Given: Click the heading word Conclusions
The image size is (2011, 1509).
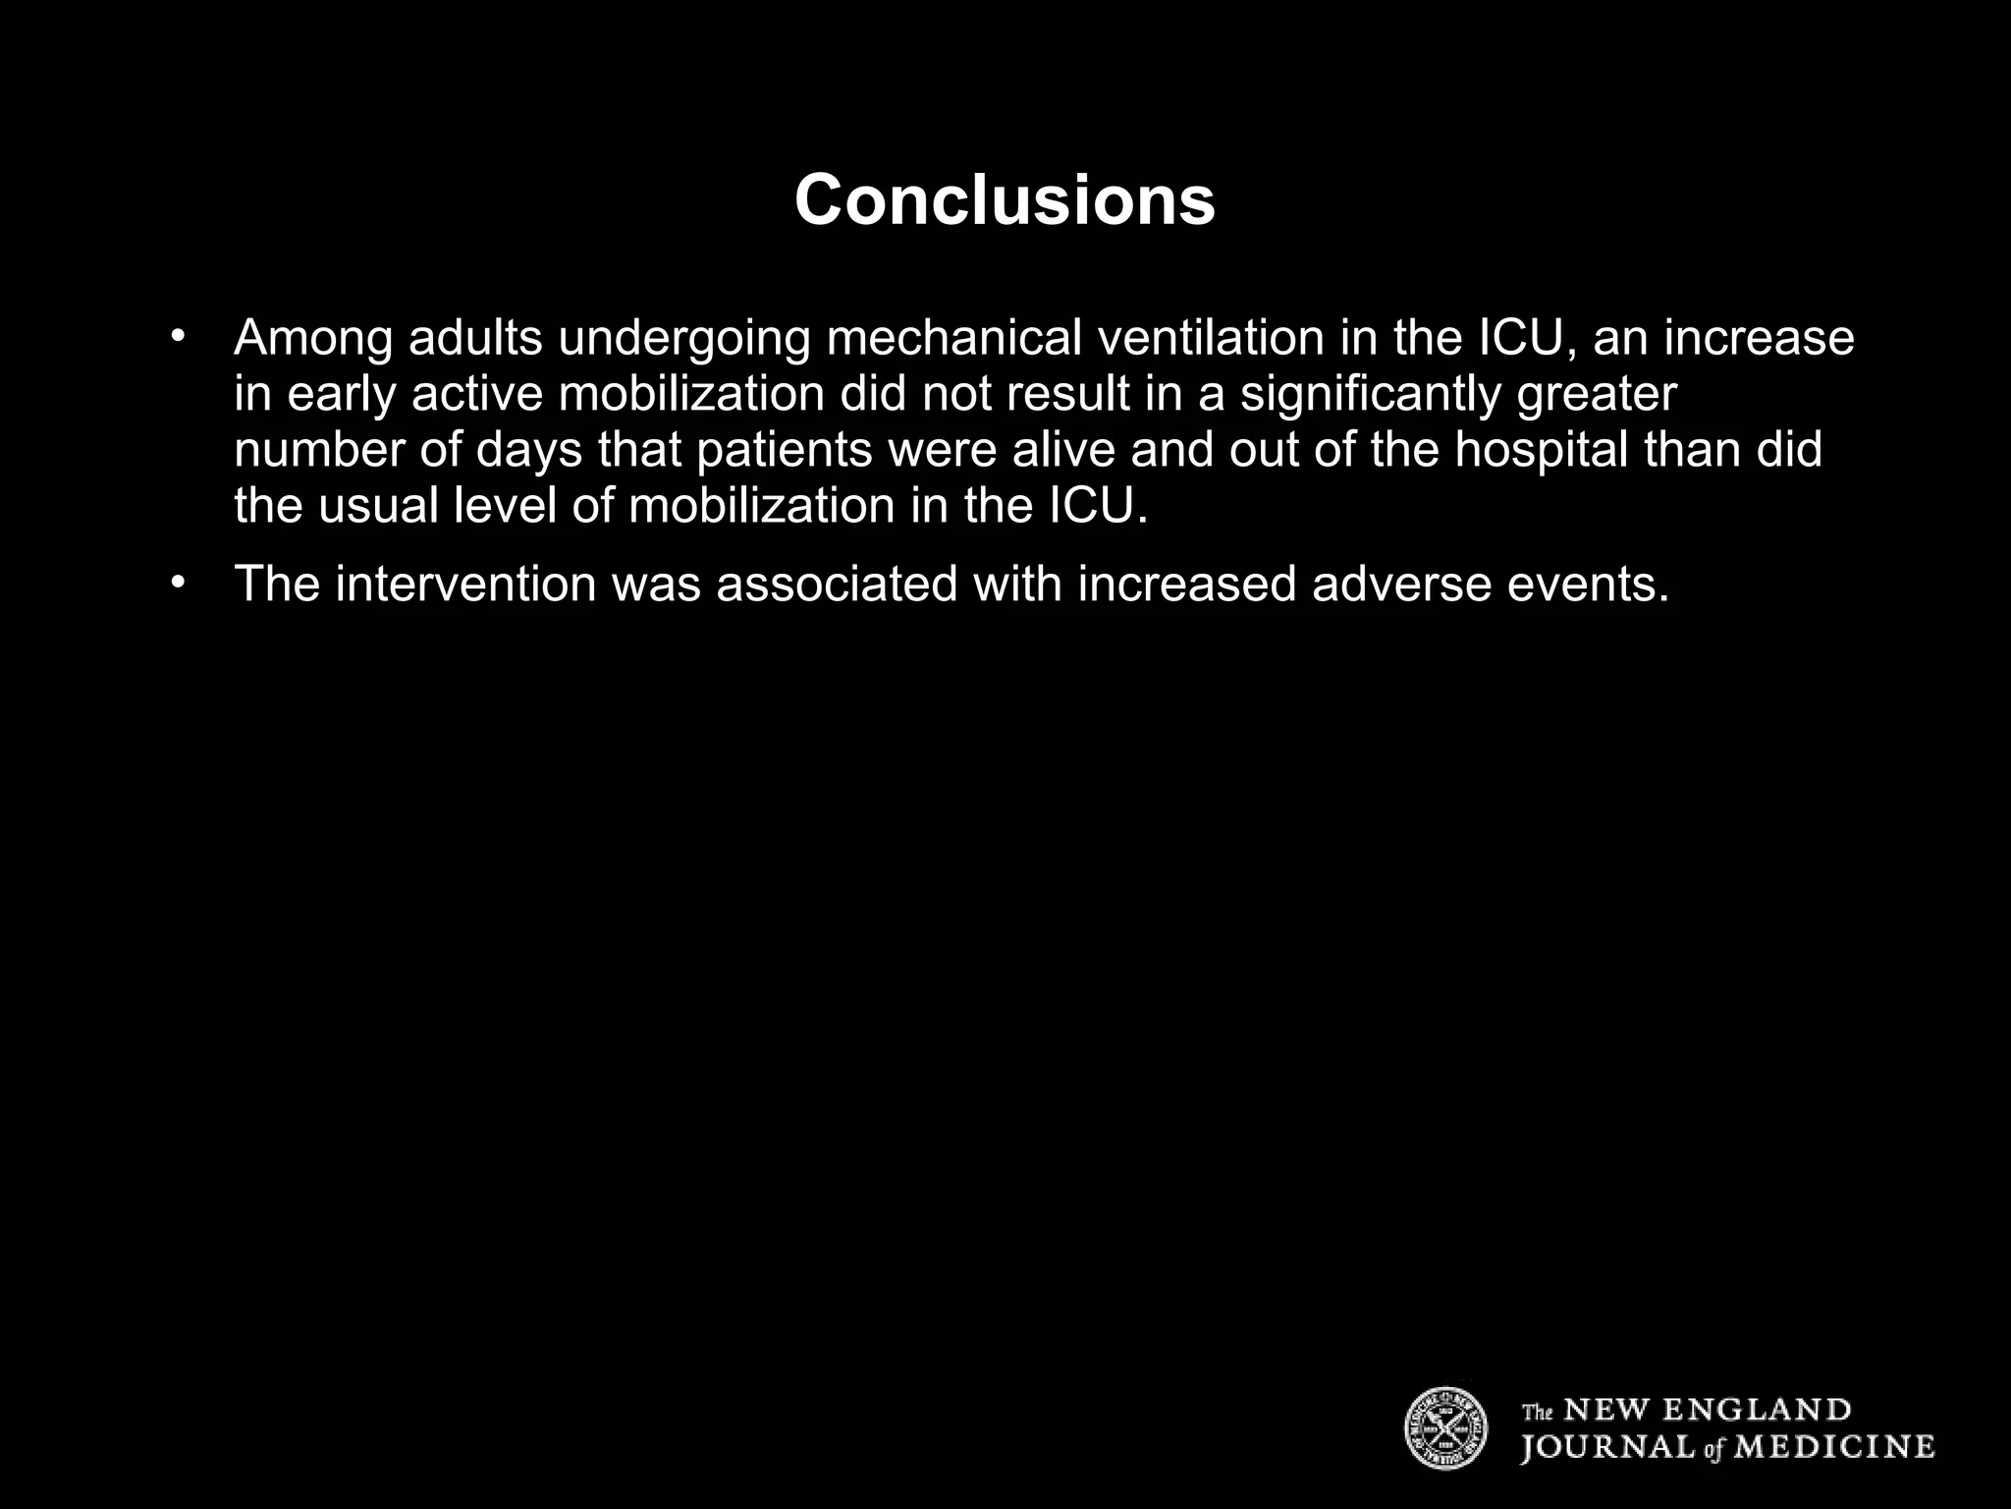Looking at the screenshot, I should pyautogui.click(x=1005, y=199).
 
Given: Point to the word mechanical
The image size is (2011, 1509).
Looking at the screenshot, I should pyautogui.click(x=953, y=337).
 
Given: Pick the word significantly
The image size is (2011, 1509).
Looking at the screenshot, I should pyautogui.click(x=1371, y=394).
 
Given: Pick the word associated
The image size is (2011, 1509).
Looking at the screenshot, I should pyautogui.click(x=837, y=584).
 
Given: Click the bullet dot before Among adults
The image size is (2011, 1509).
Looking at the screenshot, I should pyautogui.click(x=177, y=337).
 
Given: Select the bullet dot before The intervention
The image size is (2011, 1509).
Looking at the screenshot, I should pyautogui.click(x=177, y=583).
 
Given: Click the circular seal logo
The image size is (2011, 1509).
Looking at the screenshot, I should pyautogui.click(x=1445, y=1428).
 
